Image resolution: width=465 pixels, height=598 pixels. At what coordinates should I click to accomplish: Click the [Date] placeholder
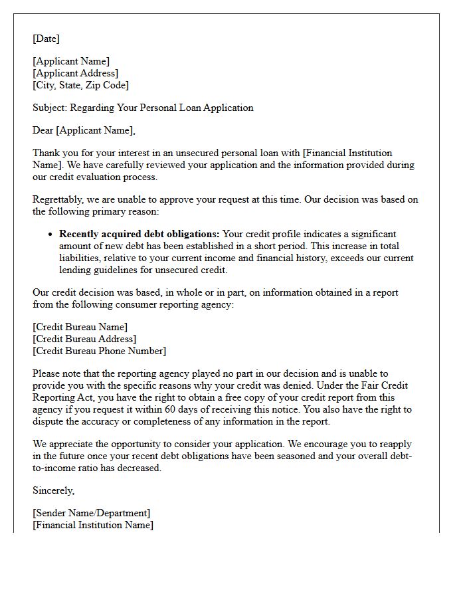[46, 39]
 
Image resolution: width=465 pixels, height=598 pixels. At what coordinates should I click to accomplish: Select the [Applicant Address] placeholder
[75, 73]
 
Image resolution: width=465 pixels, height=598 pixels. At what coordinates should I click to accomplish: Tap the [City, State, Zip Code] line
[80, 85]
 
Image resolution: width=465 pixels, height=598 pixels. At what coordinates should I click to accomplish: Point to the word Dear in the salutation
[43, 130]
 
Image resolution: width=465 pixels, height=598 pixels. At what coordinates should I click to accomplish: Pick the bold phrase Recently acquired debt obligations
[139, 234]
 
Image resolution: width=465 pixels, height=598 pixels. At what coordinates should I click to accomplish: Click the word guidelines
[118, 270]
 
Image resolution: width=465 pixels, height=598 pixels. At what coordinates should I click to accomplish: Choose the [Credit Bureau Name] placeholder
[80, 327]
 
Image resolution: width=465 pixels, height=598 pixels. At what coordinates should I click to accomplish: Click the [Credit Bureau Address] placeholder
[84, 339]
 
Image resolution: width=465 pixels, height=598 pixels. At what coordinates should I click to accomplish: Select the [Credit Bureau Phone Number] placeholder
[99, 351]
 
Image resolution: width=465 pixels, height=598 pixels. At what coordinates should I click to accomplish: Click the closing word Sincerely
[53, 490]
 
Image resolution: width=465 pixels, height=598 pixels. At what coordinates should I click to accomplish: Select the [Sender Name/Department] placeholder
[91, 513]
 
